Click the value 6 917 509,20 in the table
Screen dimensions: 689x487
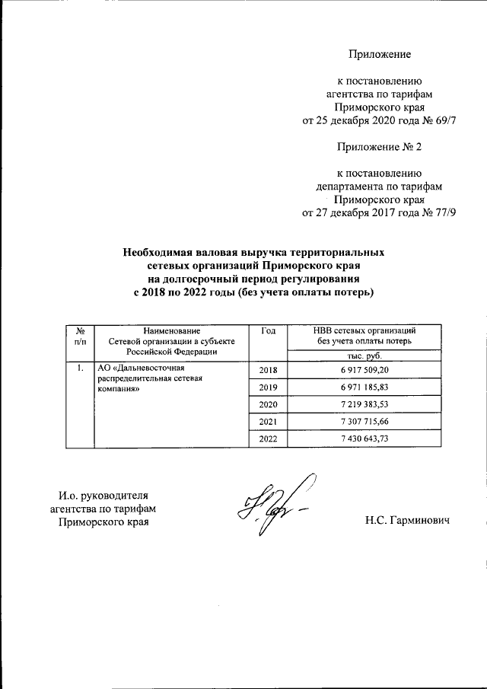(x=364, y=370)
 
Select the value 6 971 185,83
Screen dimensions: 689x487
(x=364, y=388)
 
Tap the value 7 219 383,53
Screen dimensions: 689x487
(x=364, y=404)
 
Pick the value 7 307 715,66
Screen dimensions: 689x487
(x=364, y=422)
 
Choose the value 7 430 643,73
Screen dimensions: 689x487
(x=364, y=439)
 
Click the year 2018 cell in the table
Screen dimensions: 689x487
(x=269, y=370)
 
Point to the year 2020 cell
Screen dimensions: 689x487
(x=269, y=404)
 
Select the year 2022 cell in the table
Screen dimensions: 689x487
(x=269, y=439)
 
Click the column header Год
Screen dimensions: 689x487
(x=269, y=330)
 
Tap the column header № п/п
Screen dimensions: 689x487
(x=79, y=336)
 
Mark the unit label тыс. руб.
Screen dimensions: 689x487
(x=364, y=355)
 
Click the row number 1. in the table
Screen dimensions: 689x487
(x=79, y=369)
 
